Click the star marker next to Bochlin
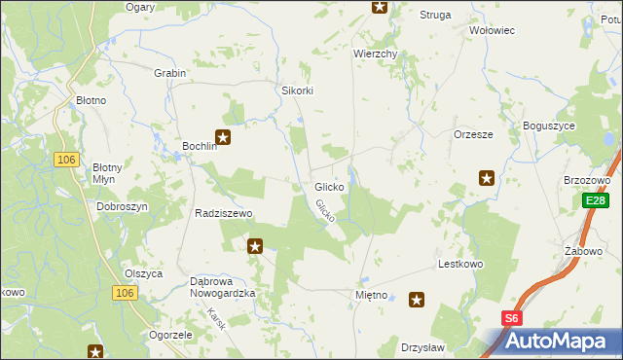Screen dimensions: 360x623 tap(224, 138)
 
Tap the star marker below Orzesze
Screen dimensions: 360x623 tap(487, 177)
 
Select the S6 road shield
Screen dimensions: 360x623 tap(512, 317)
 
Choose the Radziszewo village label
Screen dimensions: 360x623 tap(224, 213)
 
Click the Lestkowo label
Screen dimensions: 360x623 tap(461, 264)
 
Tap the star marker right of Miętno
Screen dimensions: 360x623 tap(418, 301)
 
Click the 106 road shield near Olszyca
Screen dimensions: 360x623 tap(123, 293)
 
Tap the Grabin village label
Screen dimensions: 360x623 tap(169, 73)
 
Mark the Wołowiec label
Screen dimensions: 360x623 tap(492, 30)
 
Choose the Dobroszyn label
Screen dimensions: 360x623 tap(122, 207)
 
